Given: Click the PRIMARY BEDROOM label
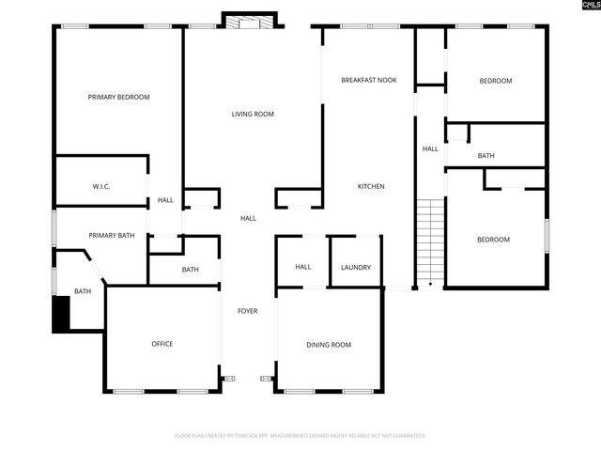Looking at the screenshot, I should (x=118, y=97).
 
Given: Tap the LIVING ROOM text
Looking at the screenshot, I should (x=253, y=114).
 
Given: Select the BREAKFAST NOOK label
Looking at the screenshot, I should (x=368, y=81).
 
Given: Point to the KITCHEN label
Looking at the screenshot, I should (x=371, y=186).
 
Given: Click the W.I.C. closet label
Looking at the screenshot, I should (x=101, y=186).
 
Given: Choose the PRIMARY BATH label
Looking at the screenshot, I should (x=112, y=235).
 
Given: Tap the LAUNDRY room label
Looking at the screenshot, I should (x=356, y=267).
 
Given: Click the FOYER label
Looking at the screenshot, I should (x=247, y=310).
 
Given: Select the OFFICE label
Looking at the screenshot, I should (x=162, y=344).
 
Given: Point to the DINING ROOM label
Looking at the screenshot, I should (x=329, y=345).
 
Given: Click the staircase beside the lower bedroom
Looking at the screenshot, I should (x=429, y=242).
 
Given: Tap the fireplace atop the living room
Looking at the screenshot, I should (x=250, y=21).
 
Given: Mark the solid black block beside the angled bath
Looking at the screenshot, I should (x=61, y=313).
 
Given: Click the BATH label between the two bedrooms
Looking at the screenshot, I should (x=485, y=156).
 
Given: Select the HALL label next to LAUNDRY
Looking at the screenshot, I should (x=303, y=267).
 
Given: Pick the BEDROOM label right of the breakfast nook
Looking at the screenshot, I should (x=495, y=81).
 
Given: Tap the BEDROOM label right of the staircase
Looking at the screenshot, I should (x=493, y=240).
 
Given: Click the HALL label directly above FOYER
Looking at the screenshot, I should (x=248, y=218).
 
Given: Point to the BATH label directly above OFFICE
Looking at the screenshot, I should (x=191, y=270).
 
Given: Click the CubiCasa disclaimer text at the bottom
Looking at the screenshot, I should (x=300, y=435).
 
